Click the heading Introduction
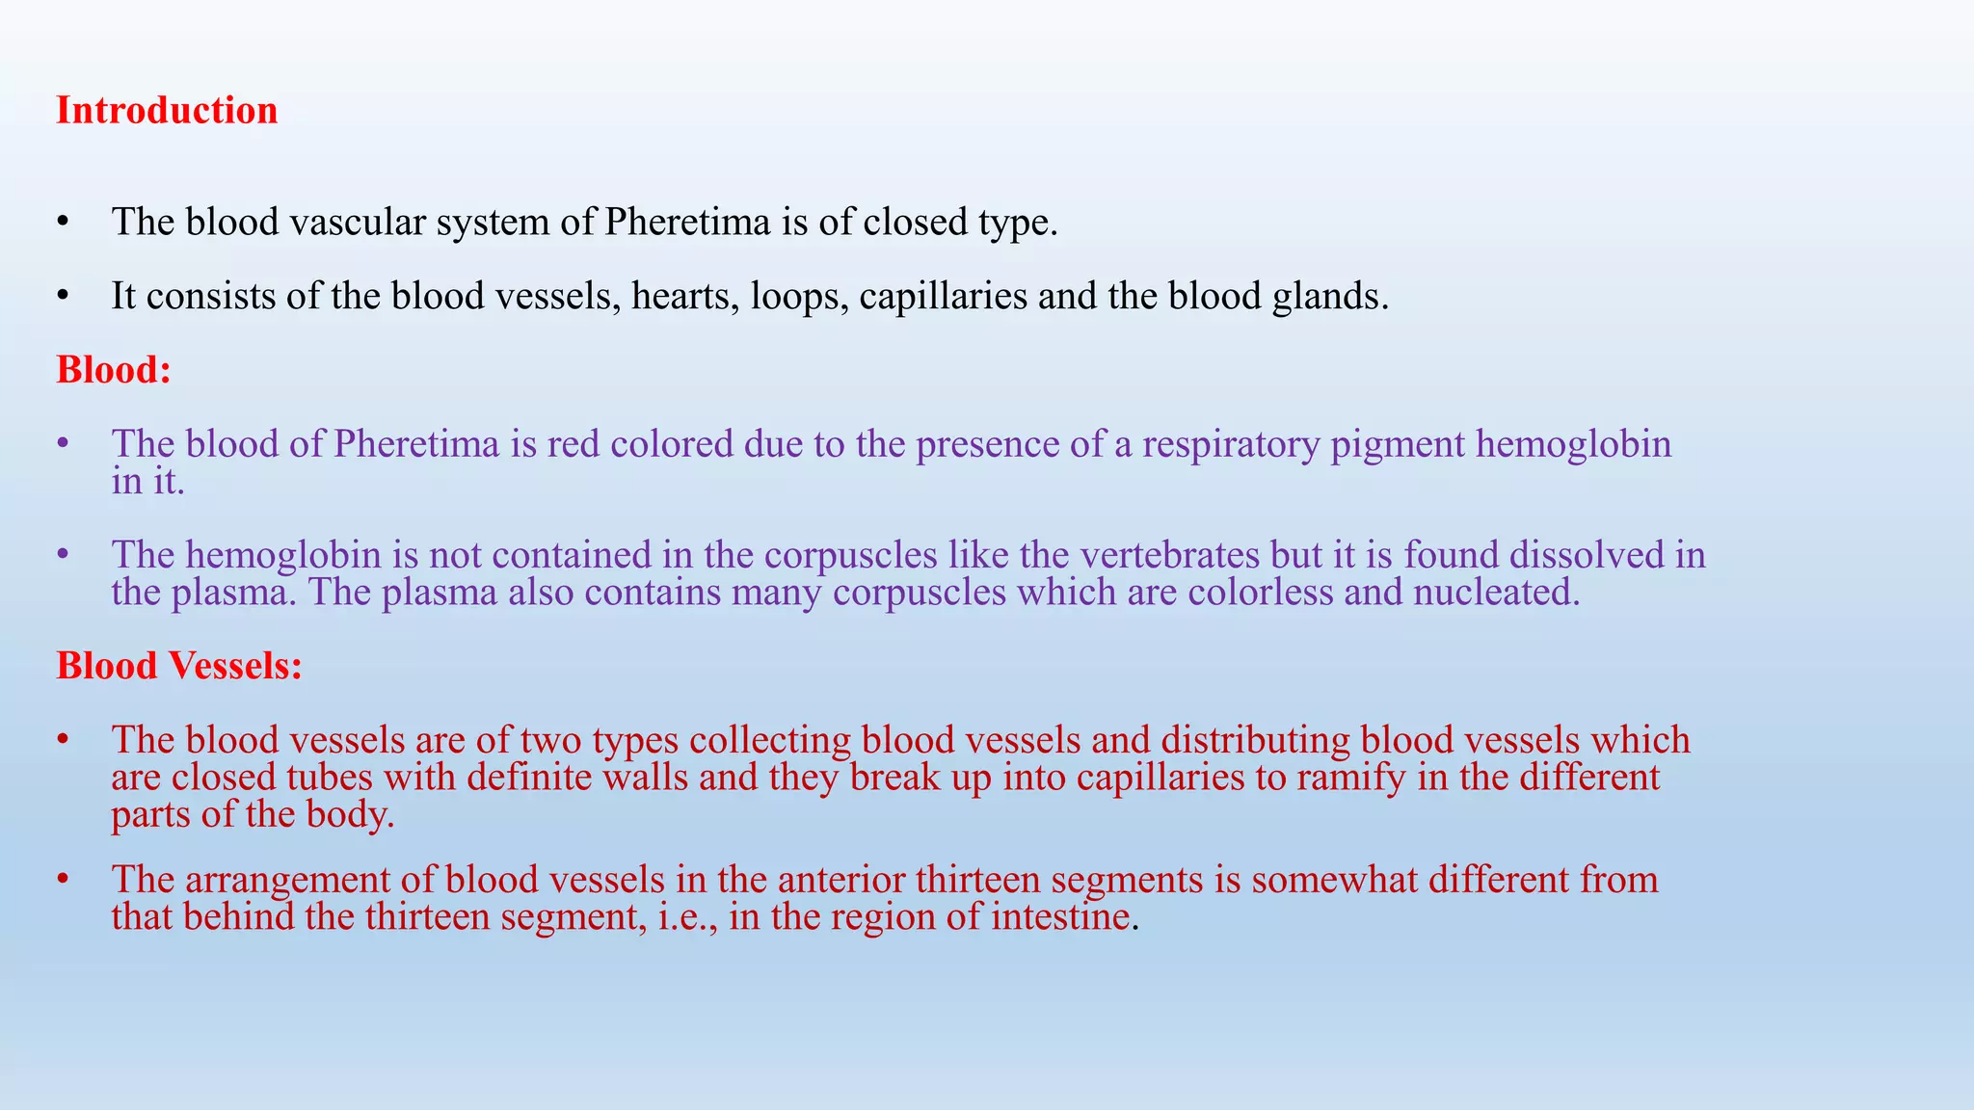167,111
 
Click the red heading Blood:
114,370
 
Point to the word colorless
1260,592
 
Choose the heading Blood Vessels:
179,666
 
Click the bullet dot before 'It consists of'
64,296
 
